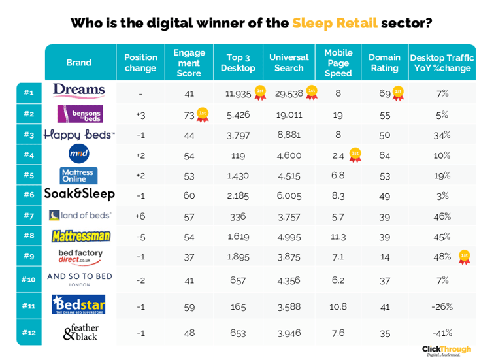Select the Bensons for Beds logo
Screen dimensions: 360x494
point(78,114)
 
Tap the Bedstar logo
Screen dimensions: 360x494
point(78,305)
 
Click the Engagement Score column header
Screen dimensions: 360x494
point(189,63)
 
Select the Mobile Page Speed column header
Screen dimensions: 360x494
point(338,63)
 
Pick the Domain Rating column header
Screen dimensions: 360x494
point(384,63)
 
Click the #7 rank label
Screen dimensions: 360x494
point(28,215)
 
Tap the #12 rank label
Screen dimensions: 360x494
point(28,333)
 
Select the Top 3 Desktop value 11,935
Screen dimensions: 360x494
point(238,93)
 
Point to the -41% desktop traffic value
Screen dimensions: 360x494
point(442,333)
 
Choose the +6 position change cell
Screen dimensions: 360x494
point(140,215)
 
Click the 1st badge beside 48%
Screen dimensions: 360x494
point(465,256)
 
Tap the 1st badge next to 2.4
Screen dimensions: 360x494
point(355,155)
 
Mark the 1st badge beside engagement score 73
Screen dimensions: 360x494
point(203,115)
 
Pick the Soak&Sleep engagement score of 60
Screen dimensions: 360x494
point(189,195)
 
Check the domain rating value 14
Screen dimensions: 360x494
point(384,256)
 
